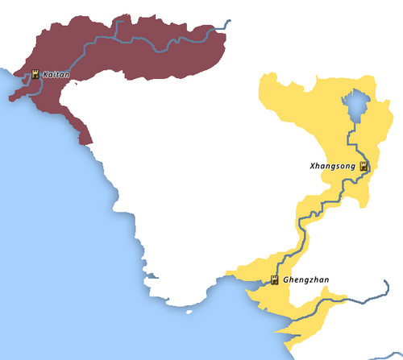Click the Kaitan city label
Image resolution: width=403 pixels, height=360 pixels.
coord(56,74)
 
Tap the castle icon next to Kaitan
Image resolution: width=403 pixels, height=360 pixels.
coord(35,74)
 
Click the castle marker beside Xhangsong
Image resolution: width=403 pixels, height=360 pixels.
coord(364,167)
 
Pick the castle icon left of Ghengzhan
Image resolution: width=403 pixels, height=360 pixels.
coord(274,281)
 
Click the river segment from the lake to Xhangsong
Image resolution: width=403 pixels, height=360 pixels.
coord(355,137)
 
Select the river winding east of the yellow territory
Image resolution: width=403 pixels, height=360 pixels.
coord(367,295)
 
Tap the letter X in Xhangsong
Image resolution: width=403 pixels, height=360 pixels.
coord(313,166)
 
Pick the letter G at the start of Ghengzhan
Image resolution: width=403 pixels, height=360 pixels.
coord(287,280)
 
